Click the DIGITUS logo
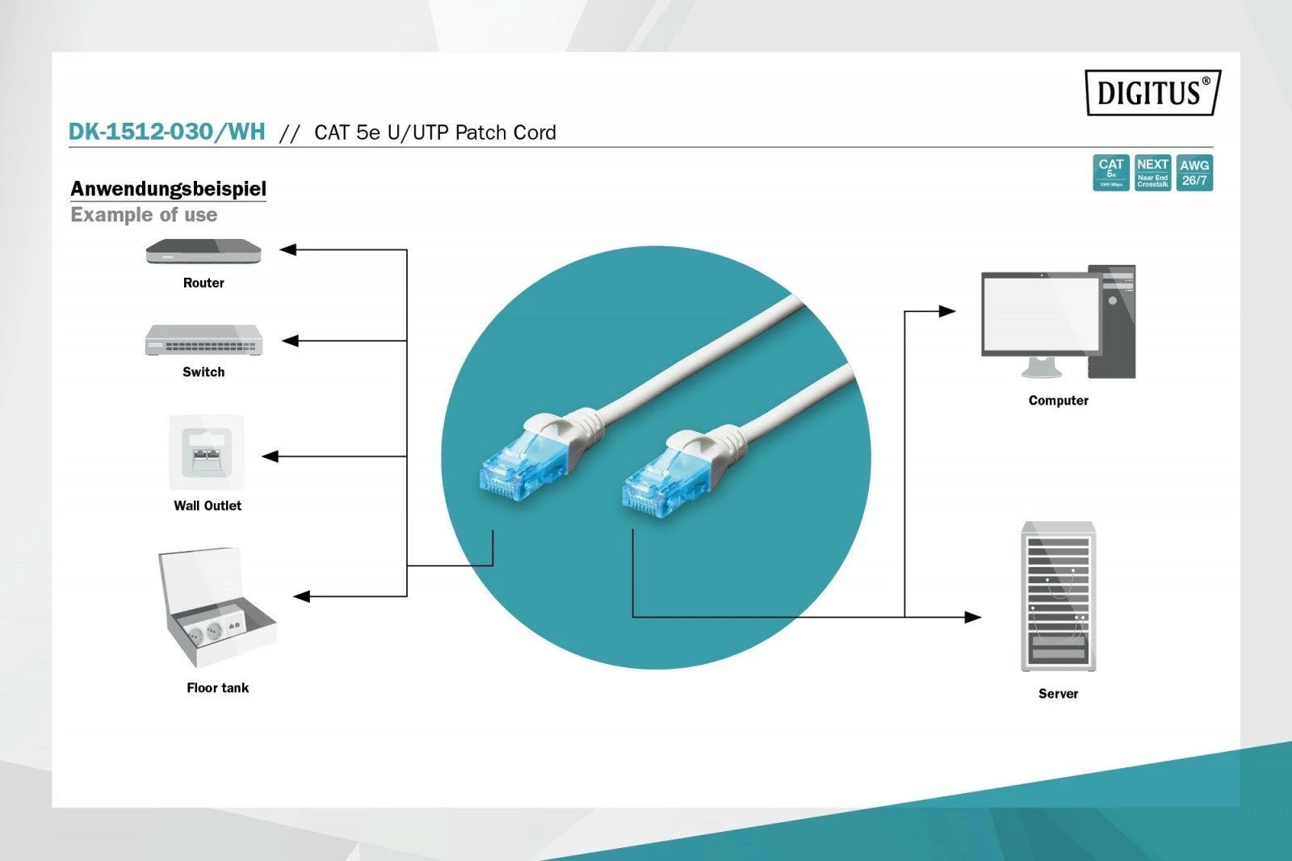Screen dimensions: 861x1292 tap(1152, 93)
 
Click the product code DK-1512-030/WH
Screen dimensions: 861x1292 tap(166, 132)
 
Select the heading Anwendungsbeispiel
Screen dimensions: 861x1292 tap(168, 188)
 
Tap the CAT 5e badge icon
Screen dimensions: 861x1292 tap(1110, 173)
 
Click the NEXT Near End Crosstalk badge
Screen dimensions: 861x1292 tap(1152, 173)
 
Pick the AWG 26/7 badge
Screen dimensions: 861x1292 tap(1194, 173)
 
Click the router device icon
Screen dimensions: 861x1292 tap(203, 252)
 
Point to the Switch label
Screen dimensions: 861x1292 tap(203, 372)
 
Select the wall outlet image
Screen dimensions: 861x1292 tap(207, 452)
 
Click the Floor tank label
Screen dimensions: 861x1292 tap(217, 687)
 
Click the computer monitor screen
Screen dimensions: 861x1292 tap(1040, 313)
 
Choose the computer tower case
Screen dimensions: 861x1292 tap(1113, 321)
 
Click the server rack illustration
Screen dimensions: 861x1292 tap(1058, 596)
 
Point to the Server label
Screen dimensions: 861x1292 tap(1058, 693)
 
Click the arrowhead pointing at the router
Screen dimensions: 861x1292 tap(288, 250)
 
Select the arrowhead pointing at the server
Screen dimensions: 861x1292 tap(973, 617)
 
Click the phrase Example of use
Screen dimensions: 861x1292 tap(144, 215)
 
